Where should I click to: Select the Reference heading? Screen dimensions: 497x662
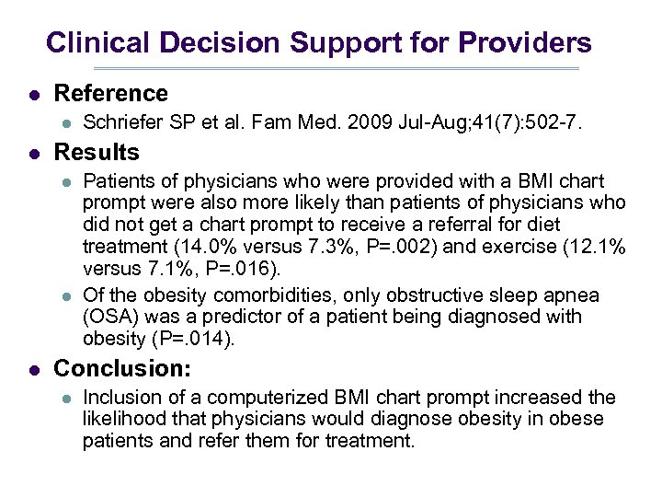(111, 94)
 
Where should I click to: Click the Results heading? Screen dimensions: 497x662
(97, 153)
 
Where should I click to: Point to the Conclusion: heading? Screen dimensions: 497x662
(122, 369)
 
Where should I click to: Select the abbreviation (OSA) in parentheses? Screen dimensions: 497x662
(108, 317)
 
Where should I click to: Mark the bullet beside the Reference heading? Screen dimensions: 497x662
(34, 95)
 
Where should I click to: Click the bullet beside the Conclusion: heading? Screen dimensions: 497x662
(34, 370)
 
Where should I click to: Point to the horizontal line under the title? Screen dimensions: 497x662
(337, 69)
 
